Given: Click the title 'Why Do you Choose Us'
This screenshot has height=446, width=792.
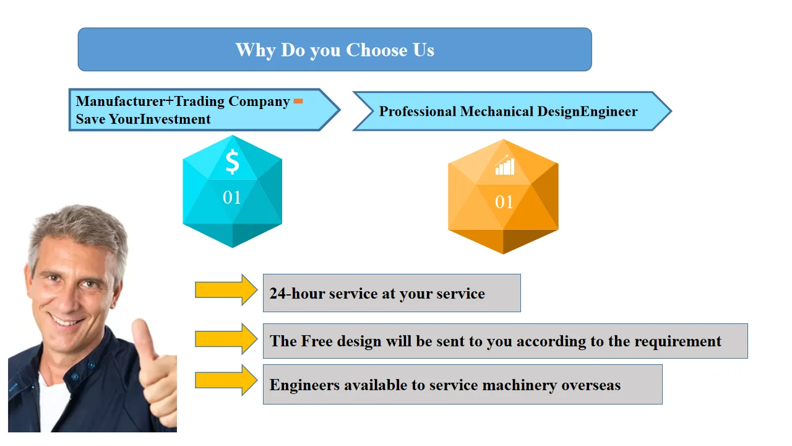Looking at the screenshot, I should (335, 50).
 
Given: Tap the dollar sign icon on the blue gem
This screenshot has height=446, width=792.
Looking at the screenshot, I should (232, 162).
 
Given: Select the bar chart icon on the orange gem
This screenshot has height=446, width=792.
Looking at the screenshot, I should (504, 165).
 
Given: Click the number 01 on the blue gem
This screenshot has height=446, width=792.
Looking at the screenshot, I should (232, 198).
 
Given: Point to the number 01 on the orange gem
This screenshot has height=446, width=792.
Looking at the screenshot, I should (504, 202).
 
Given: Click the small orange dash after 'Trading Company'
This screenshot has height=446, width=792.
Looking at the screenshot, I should (298, 101).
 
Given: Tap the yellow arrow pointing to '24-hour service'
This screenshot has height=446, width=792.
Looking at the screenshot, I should (226, 290).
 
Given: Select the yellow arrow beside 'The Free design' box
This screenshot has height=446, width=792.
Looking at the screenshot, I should (226, 339).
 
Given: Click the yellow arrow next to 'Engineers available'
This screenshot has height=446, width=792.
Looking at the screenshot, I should (226, 380).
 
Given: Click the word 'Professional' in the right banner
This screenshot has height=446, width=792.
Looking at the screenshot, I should (417, 111).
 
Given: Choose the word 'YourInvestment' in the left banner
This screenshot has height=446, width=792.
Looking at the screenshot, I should (160, 119).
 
